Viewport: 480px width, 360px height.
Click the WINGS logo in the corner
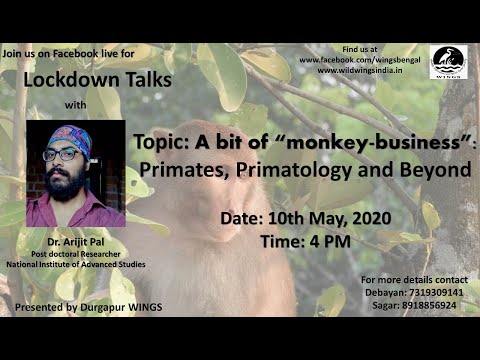coord(448,63)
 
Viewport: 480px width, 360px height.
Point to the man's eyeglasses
coord(63,155)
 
